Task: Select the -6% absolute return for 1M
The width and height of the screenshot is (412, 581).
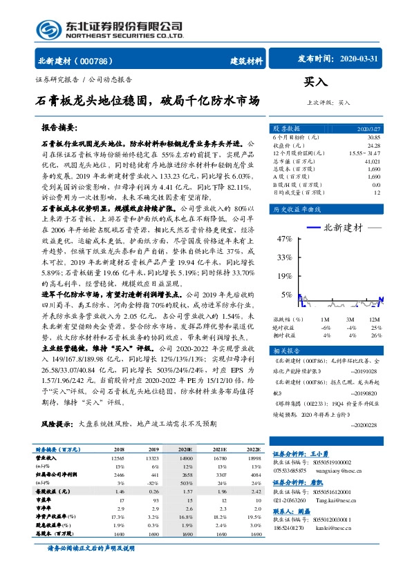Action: point(325,327)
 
